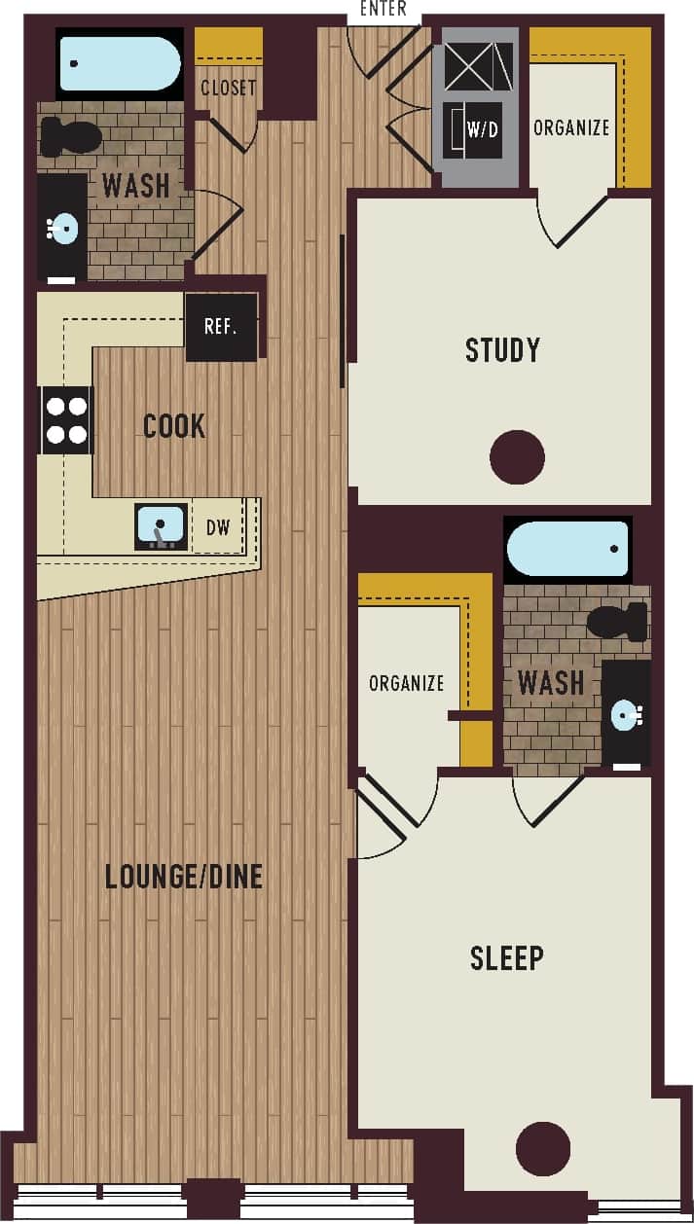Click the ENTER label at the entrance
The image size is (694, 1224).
coord(383,10)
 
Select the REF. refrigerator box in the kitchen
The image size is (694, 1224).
coord(221,327)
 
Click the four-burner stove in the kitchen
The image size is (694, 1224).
coord(67,420)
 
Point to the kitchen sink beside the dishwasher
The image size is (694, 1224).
coord(161,526)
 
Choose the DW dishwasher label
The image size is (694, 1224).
coord(218,527)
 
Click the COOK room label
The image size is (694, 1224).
coord(174,425)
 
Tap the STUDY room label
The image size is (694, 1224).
coord(502,349)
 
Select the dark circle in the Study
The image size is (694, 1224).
coord(517,457)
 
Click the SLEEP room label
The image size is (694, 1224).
coord(507,958)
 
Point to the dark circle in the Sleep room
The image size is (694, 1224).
coord(542,1149)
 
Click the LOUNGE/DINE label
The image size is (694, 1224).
coord(184,877)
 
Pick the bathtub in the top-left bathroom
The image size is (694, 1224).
coord(120,63)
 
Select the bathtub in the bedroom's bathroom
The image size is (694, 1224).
coord(567,550)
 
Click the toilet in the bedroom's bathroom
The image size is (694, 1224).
coord(617,621)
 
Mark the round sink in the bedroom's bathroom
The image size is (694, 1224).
coord(625,716)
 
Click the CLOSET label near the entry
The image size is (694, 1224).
coord(229,88)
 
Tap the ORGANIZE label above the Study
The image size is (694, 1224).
coord(571,127)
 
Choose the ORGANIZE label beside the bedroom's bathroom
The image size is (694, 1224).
coord(406,683)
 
